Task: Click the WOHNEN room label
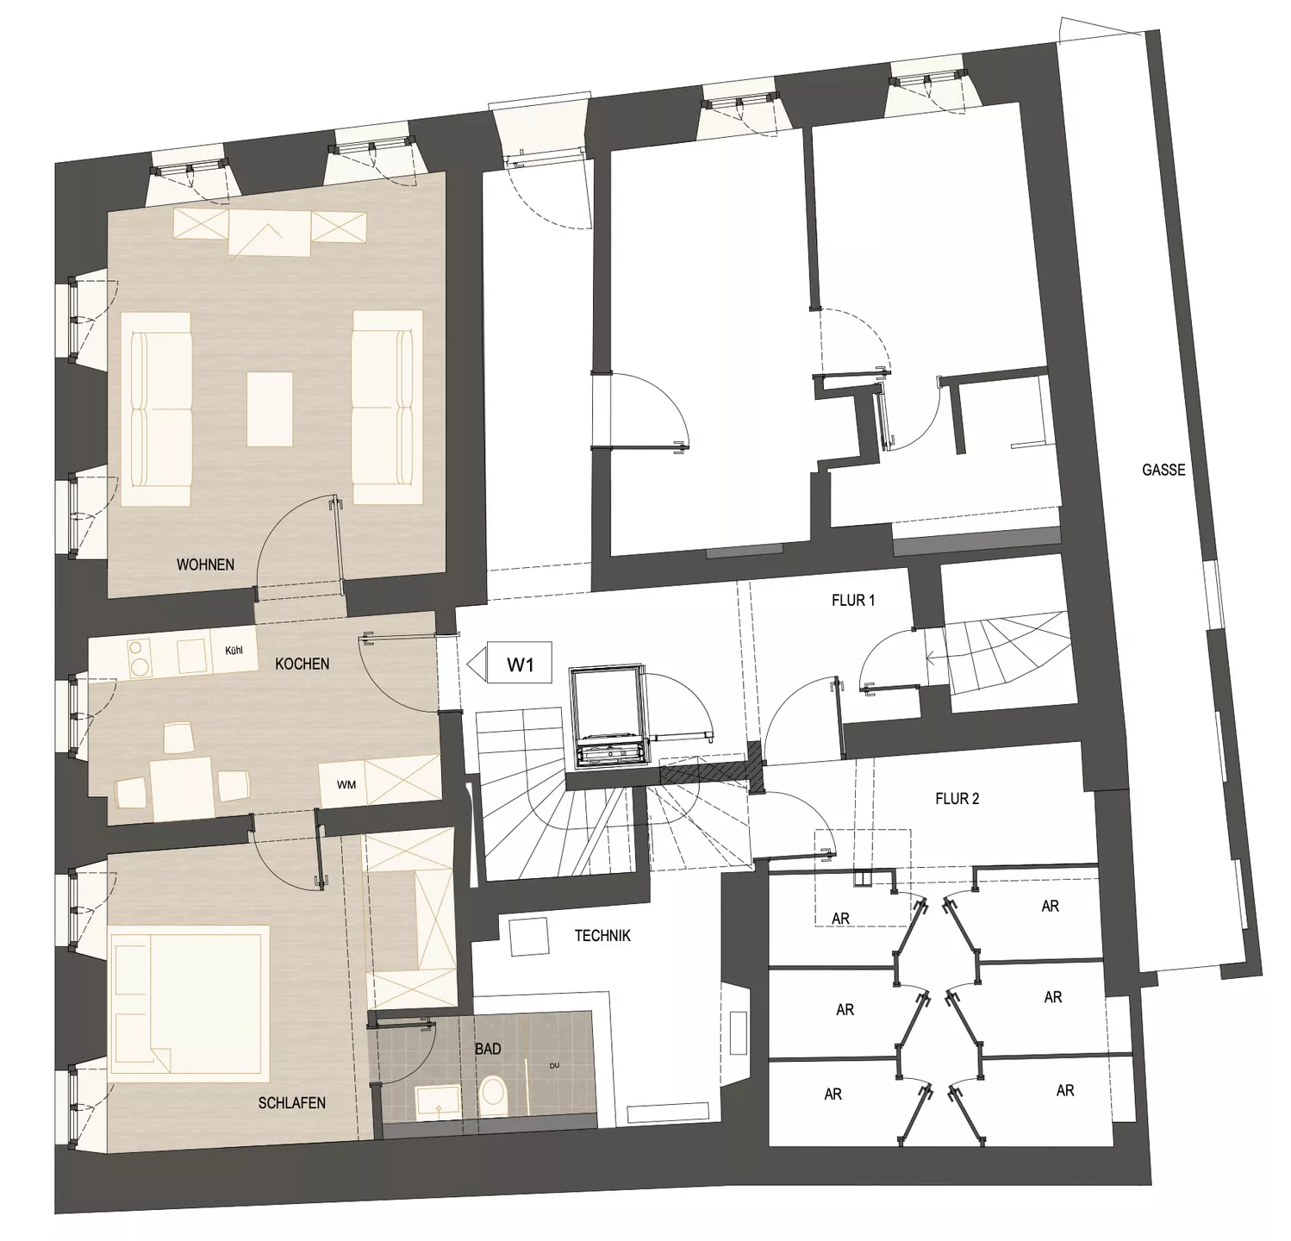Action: tap(205, 564)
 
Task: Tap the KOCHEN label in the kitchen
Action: tap(302, 664)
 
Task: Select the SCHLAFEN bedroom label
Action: tap(292, 1102)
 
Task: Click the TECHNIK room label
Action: tap(603, 935)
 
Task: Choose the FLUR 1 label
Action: tap(853, 600)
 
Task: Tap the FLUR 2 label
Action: tap(957, 799)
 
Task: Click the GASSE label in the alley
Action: tap(1163, 470)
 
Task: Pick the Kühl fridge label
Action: tap(234, 650)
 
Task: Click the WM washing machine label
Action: tap(346, 785)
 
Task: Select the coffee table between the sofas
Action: tap(270, 408)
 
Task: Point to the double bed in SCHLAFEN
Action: tap(190, 1003)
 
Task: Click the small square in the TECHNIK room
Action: tap(529, 937)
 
